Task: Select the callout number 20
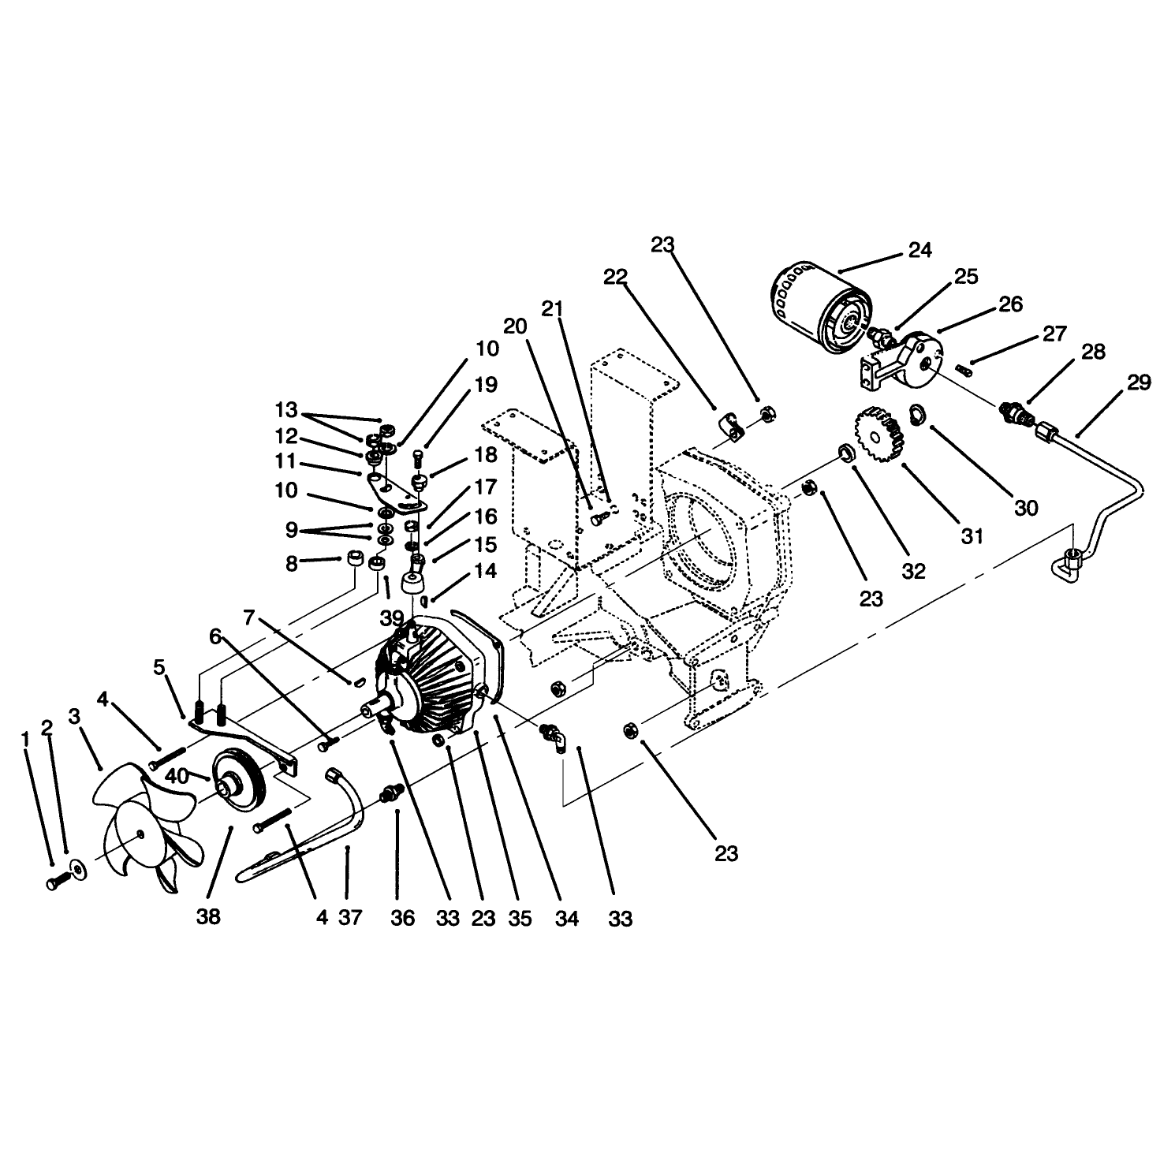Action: click(x=515, y=326)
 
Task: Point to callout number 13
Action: click(x=286, y=410)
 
